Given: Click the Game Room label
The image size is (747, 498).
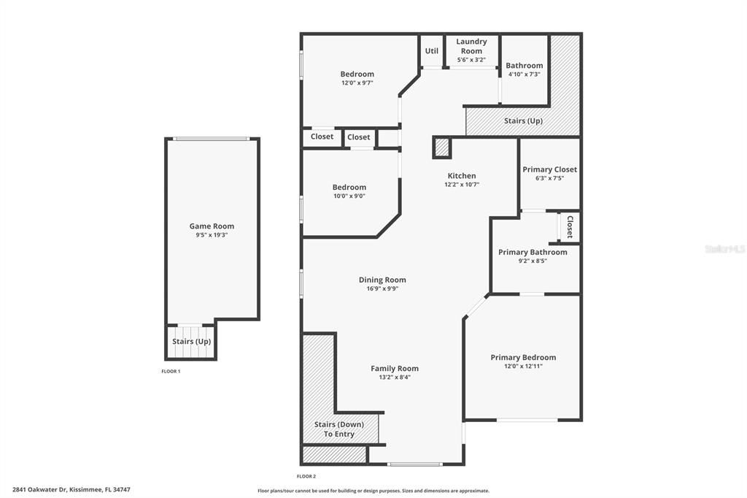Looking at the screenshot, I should [212, 226].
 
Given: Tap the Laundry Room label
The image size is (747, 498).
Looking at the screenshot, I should [471, 46].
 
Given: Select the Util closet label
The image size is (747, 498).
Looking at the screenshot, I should [432, 51].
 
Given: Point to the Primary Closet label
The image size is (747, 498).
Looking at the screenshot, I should [549, 169].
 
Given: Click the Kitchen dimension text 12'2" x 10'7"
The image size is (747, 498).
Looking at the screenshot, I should [461, 185].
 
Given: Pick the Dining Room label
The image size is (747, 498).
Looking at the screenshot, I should [382, 280].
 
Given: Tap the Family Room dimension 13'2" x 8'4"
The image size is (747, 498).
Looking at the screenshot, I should [394, 378].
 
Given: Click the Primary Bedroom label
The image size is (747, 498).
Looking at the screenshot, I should [523, 357].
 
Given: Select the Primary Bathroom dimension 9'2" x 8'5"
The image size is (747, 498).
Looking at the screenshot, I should [532, 261].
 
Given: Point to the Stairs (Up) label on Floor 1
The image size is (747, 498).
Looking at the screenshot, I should [191, 341].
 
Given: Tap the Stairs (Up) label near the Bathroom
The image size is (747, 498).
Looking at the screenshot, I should [523, 120].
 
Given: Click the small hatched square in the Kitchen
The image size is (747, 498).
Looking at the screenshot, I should [442, 148].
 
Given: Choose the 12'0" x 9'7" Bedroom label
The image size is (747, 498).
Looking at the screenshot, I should [357, 74].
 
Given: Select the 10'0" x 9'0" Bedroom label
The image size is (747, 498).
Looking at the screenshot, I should [349, 188].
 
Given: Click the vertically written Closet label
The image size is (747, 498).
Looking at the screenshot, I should [570, 227].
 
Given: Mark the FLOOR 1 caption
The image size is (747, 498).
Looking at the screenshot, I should [171, 372].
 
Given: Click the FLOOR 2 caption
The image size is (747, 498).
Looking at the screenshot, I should [306, 476].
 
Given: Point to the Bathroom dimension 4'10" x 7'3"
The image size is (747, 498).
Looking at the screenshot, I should [524, 74].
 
